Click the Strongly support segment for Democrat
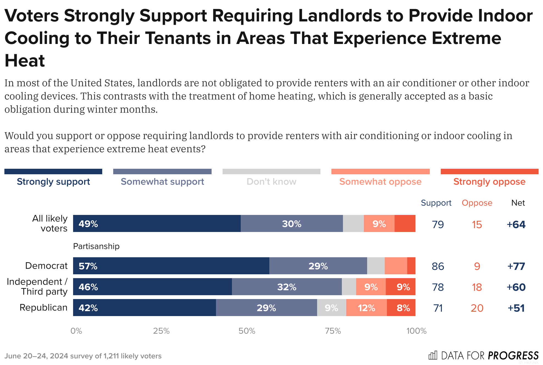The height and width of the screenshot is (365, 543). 171,266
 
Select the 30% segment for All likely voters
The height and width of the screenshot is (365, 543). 292,223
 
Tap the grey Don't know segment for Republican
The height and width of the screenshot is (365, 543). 331,308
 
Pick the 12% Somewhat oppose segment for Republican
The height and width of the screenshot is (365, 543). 366,308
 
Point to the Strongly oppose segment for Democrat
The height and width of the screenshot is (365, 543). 411,266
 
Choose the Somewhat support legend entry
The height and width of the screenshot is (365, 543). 162,181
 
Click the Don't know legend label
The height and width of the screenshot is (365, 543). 271,181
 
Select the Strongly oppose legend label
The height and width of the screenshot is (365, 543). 489,181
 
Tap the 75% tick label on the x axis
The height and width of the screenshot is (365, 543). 333,331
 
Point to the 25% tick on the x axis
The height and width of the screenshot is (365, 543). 161,331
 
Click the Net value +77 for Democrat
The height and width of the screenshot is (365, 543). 516,266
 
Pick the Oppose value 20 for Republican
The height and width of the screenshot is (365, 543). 477,308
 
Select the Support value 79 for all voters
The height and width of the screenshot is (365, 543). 438,224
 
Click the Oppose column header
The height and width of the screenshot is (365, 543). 477,203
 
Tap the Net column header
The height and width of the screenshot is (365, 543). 518,203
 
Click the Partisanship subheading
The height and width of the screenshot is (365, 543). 96,246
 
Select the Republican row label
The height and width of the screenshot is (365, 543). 43,307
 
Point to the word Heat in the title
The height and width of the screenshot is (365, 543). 25,60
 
